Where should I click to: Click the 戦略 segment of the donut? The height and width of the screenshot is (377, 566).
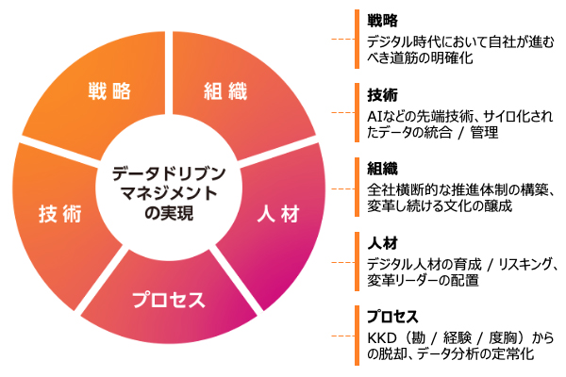108,91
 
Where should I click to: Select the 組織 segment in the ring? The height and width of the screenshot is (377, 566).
225,91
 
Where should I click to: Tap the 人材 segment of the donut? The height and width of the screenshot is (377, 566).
277,213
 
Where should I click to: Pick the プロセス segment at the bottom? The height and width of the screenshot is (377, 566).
168,301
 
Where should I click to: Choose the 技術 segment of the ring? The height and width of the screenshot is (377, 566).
59,214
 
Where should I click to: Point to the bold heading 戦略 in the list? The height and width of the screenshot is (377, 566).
382,21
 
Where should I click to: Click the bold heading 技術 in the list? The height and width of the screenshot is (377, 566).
382,95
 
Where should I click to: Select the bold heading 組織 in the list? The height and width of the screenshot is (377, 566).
382,169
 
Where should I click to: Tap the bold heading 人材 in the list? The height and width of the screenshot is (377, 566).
382,242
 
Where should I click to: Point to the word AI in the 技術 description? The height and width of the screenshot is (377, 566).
374,115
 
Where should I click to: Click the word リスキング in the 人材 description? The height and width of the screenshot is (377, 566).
513,262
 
